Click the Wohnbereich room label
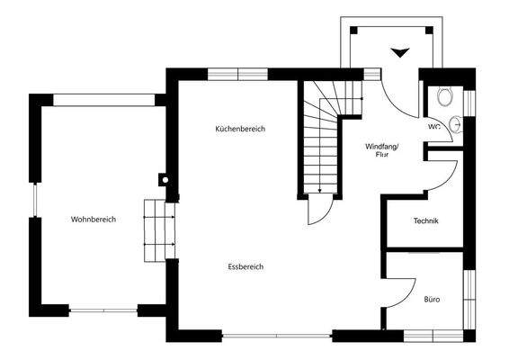click(94, 220)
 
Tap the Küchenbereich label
click(240, 129)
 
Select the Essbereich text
click(246, 266)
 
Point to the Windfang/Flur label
click(381, 149)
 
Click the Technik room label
click(425, 221)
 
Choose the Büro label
click(432, 299)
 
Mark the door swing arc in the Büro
click(403, 286)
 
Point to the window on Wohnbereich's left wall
click(35, 214)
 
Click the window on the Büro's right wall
click(469, 297)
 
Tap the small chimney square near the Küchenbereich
click(165, 178)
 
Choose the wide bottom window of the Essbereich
click(276, 337)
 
